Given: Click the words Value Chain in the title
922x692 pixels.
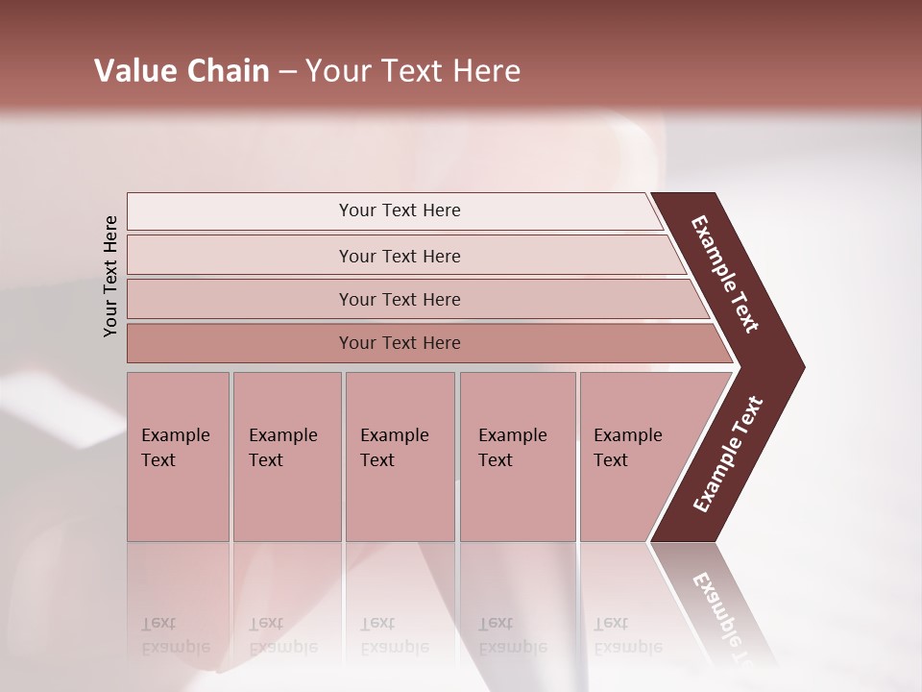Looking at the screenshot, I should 182,71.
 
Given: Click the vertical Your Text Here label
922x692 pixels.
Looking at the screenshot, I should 111,276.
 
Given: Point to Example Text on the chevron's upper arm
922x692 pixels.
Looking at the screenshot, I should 725,274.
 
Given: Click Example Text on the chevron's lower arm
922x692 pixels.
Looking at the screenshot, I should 728,455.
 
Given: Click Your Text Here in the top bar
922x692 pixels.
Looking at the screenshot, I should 400,210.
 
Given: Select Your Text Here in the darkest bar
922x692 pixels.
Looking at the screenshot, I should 400,343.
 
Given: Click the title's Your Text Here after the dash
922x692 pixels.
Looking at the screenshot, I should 413,71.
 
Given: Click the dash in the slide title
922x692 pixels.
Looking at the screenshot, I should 287,72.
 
